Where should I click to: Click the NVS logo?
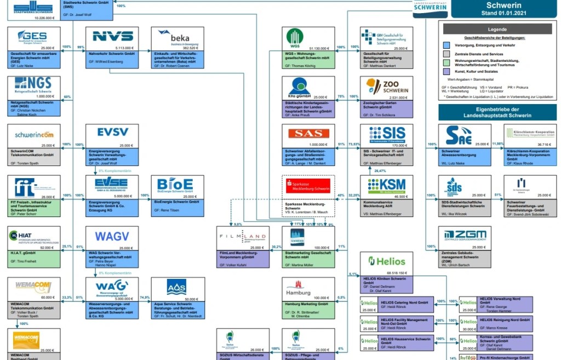tap(112, 36)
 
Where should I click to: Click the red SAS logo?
tap(308, 134)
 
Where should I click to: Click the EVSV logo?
tap(112, 132)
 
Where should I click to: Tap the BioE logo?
tap(175, 184)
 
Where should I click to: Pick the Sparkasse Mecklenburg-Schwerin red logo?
tap(309, 185)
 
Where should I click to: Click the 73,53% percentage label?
tap(354, 144)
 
